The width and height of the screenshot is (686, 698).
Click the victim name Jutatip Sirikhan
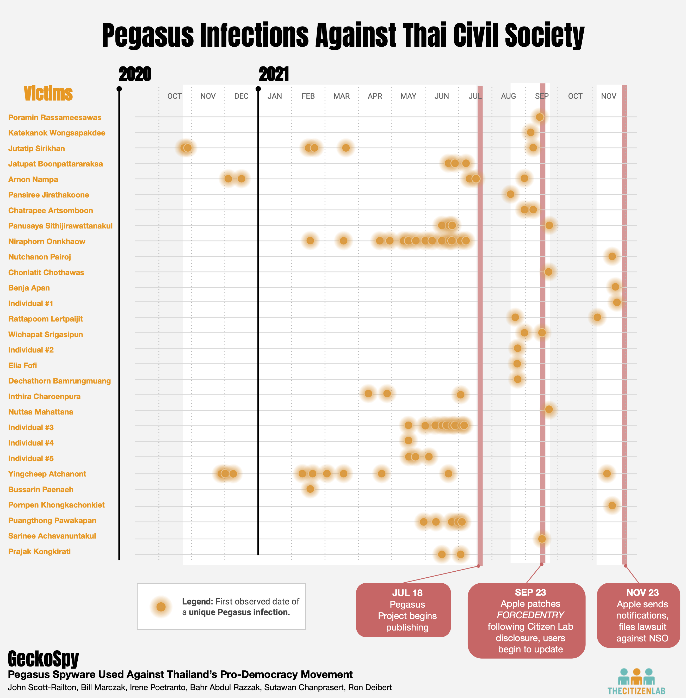(36, 149)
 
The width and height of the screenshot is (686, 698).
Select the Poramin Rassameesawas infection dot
(539, 117)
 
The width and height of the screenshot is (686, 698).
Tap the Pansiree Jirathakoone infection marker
(510, 194)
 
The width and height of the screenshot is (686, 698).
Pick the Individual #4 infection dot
(408, 440)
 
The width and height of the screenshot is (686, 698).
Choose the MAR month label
(341, 96)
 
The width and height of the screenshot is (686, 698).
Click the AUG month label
(508, 96)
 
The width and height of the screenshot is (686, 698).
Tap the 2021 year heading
(274, 74)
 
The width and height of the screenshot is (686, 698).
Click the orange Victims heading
(48, 93)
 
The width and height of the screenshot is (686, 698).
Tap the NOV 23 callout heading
(642, 592)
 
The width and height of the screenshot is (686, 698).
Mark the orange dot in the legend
(161, 607)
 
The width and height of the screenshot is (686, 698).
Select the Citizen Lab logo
(636, 681)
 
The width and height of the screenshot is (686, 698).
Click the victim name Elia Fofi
(22, 365)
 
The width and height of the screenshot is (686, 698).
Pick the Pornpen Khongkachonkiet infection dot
(612, 505)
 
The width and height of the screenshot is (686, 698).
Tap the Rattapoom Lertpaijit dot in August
(515, 317)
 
